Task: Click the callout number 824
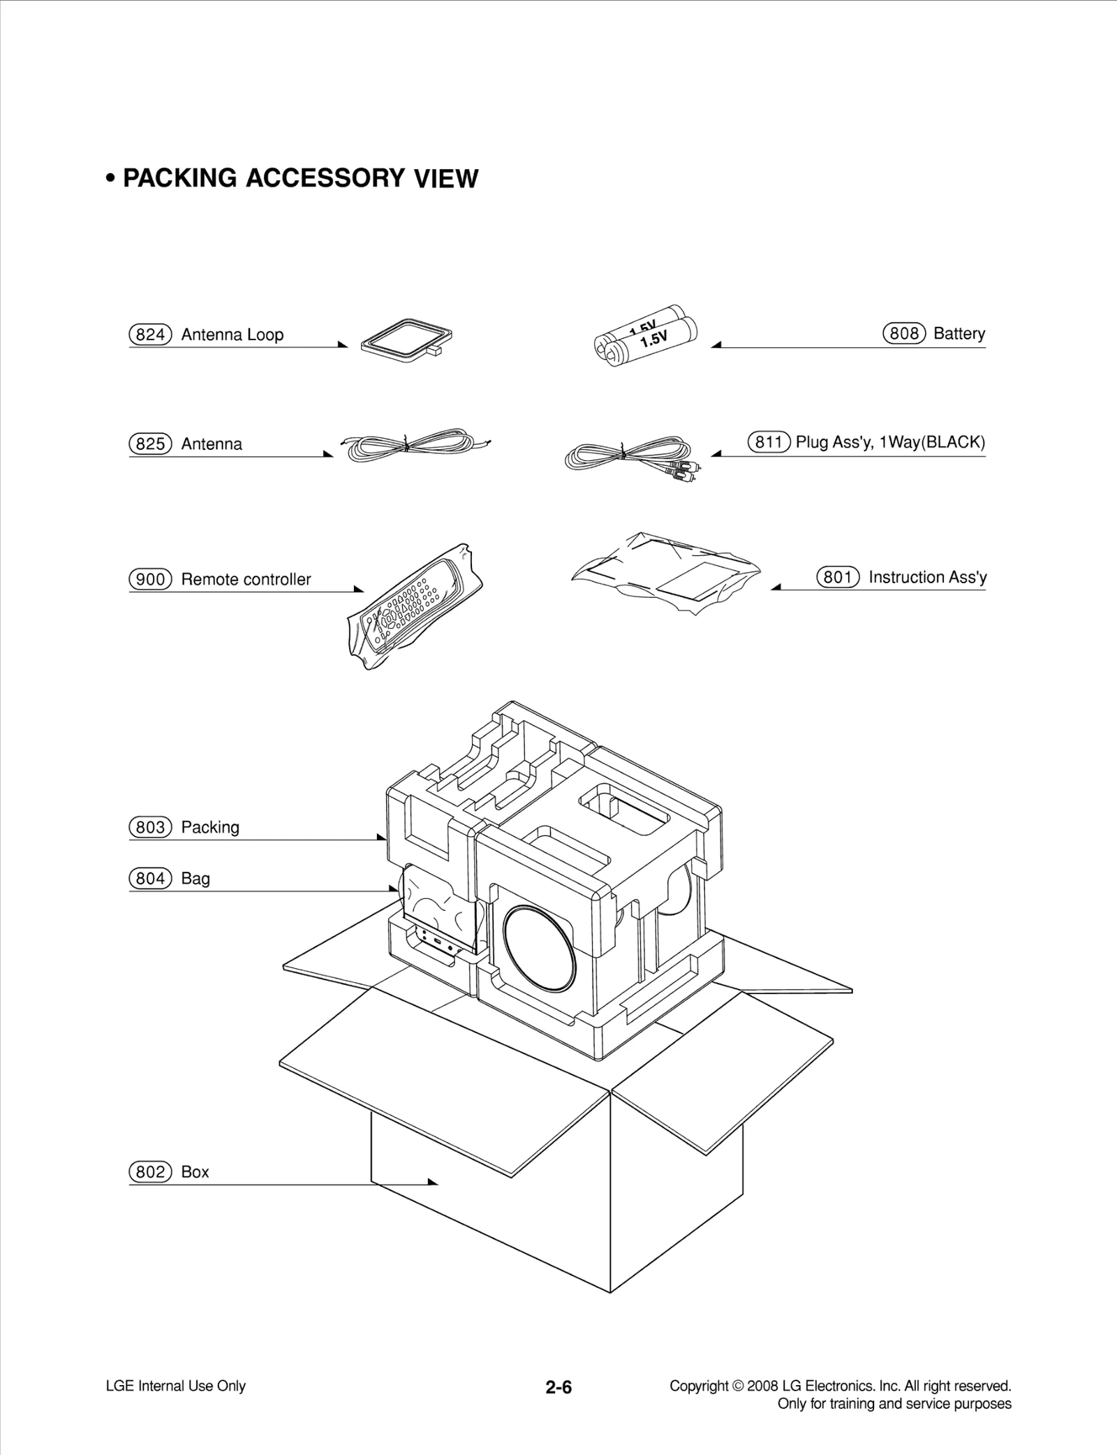[x=150, y=335]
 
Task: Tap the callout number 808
[x=904, y=333]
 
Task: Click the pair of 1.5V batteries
[x=646, y=337]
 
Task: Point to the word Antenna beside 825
[x=212, y=444]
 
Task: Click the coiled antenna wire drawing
[x=415, y=443]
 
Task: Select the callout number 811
[x=769, y=442]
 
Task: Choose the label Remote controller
[x=246, y=580]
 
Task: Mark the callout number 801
[x=838, y=578]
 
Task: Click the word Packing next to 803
[x=210, y=828]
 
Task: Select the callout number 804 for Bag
[x=150, y=879]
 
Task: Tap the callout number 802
[x=150, y=1172]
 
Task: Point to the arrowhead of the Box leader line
[x=434, y=1182]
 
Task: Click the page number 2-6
[x=558, y=1387]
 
